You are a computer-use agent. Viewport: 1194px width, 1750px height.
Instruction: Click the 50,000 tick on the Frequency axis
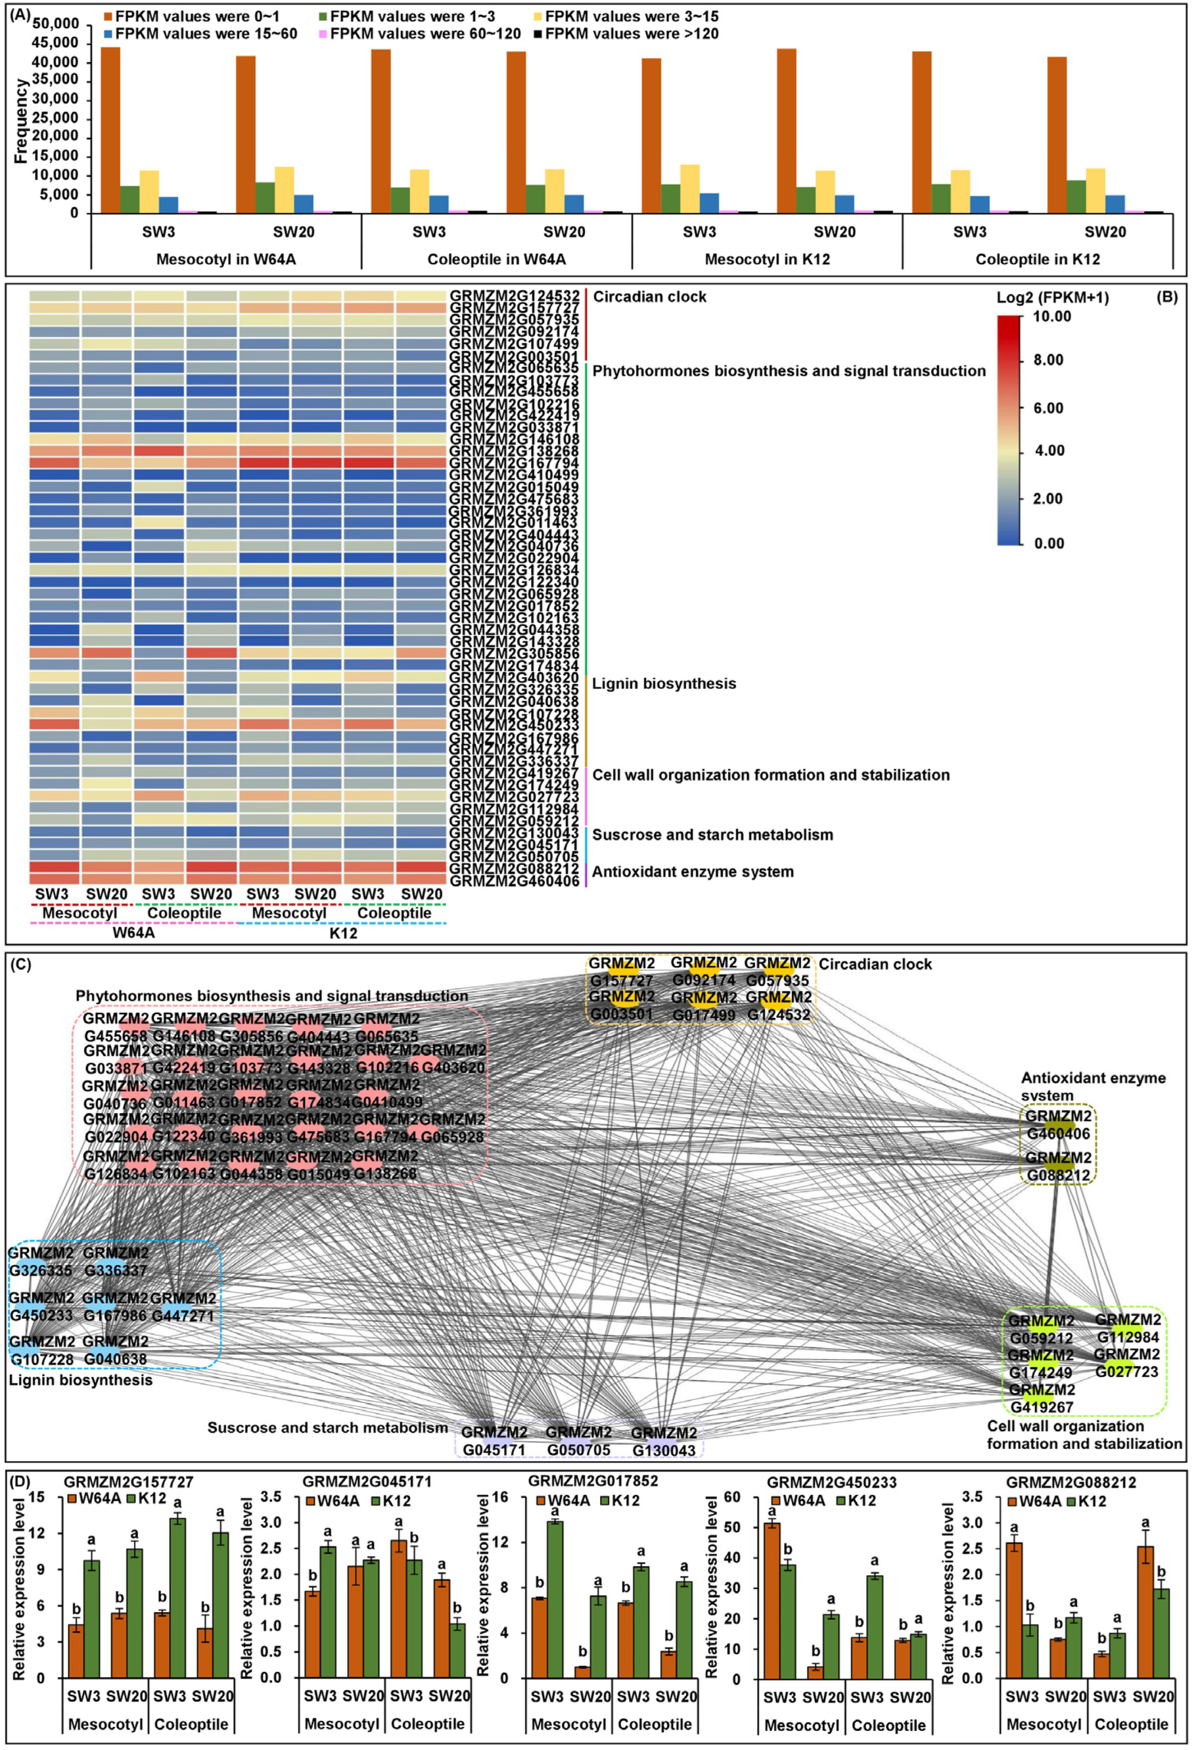(x=56, y=24)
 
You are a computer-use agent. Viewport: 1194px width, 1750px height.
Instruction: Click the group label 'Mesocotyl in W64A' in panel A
(x=226, y=259)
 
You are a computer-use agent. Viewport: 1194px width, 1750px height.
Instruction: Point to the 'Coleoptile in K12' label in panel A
(x=1037, y=259)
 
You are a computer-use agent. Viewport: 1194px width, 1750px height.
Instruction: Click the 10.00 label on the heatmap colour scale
(x=1052, y=316)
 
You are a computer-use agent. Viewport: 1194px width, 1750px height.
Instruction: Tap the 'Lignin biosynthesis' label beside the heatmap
(x=664, y=684)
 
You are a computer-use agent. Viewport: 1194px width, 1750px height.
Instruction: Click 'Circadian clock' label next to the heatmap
(x=649, y=297)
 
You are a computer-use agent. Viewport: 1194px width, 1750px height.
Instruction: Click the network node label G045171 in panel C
(x=494, y=1449)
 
